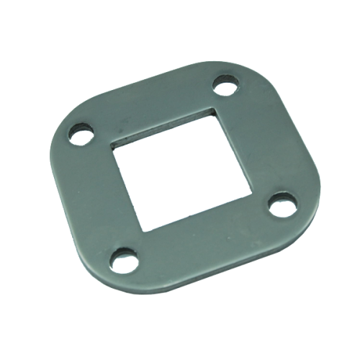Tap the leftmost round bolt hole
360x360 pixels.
point(81,134)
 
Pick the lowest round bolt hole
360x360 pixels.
point(125,257)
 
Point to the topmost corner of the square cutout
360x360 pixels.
point(213,109)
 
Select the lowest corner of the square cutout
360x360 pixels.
point(147,231)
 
